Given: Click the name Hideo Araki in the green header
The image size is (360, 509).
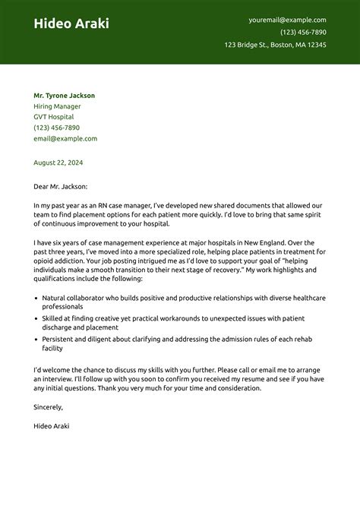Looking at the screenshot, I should (71, 24).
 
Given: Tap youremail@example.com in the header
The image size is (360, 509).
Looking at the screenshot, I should (287, 20).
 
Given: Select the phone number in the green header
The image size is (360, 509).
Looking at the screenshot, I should (303, 32).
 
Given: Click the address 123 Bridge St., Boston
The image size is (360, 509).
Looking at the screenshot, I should (275, 45).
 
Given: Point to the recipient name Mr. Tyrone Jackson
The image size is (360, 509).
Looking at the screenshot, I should (65, 96).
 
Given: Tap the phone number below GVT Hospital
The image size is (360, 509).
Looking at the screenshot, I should (57, 128).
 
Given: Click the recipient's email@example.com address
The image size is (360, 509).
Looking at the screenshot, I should (65, 138).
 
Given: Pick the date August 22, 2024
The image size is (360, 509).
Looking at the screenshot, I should (58, 163).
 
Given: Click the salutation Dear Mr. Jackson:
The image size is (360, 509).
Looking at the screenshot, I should (61, 186).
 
